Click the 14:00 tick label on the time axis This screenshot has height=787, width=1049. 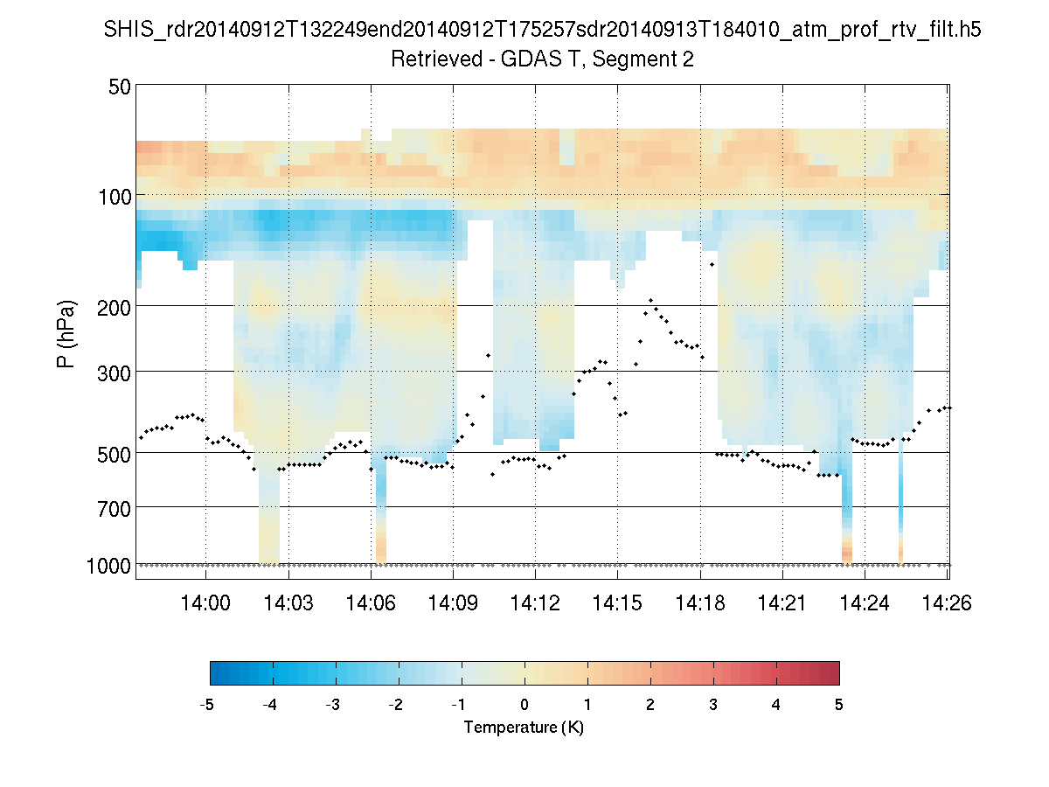205,603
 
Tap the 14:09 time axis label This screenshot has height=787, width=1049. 453,603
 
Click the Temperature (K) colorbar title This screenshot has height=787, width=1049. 524,728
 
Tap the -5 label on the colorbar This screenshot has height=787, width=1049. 208,705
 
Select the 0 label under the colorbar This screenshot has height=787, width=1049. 524,705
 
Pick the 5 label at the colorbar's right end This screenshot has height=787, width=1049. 839,705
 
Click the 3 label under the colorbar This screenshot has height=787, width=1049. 713,705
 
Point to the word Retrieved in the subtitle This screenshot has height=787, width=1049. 434,59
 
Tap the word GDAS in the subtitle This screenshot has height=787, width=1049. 529,59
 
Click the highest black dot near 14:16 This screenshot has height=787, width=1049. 650,300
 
